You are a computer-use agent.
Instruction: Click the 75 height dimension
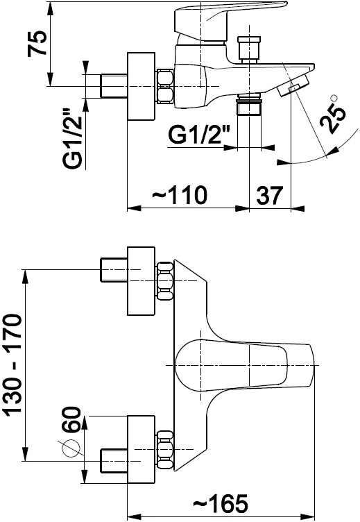[x=37, y=44]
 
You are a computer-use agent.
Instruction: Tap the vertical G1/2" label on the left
[x=72, y=138]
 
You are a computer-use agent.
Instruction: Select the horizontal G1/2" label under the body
[x=199, y=135]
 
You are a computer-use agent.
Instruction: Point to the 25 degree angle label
[x=333, y=117]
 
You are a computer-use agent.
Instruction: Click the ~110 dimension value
[x=180, y=195]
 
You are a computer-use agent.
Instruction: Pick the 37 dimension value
[x=270, y=196]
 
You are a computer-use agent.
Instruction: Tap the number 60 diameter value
[x=71, y=419]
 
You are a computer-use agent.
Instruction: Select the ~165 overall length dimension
[x=221, y=503]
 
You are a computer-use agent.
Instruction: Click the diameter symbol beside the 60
[x=71, y=448]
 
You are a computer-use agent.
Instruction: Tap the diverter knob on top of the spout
[x=249, y=49]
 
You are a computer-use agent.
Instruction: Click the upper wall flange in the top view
[x=141, y=281]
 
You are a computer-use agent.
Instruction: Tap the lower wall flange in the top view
[x=141, y=449]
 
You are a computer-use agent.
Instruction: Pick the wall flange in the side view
[x=141, y=86]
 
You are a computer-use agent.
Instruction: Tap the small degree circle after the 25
[x=334, y=98]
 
